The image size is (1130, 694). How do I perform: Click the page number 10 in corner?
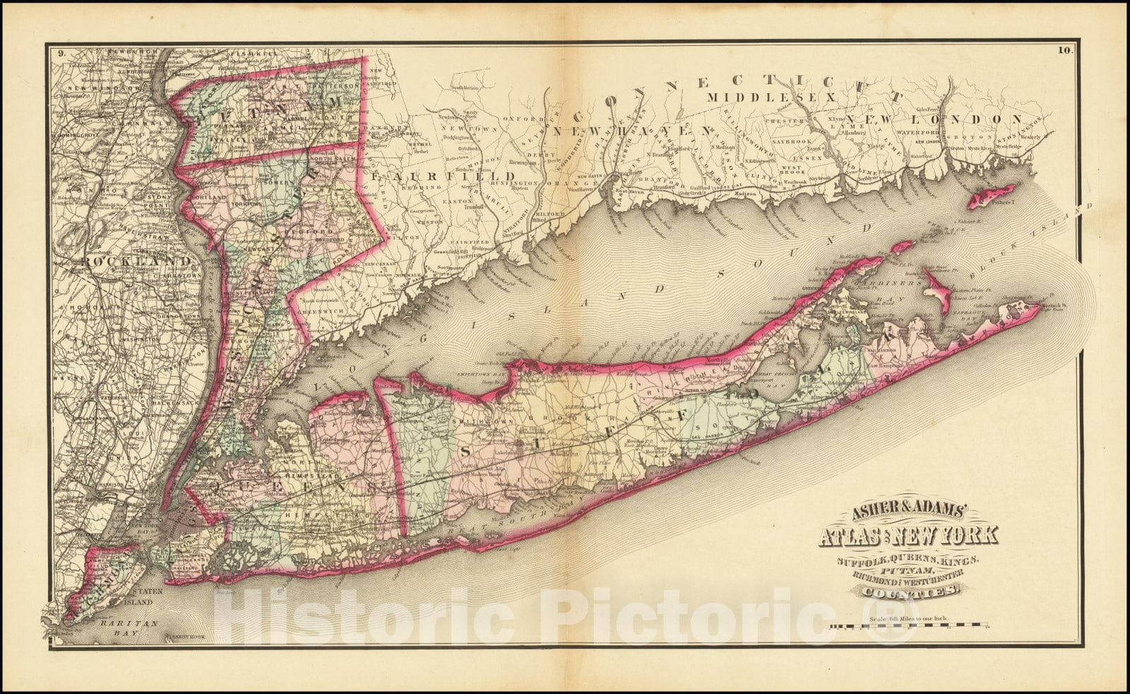(1065, 50)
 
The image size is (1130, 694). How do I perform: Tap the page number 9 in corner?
(62, 52)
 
